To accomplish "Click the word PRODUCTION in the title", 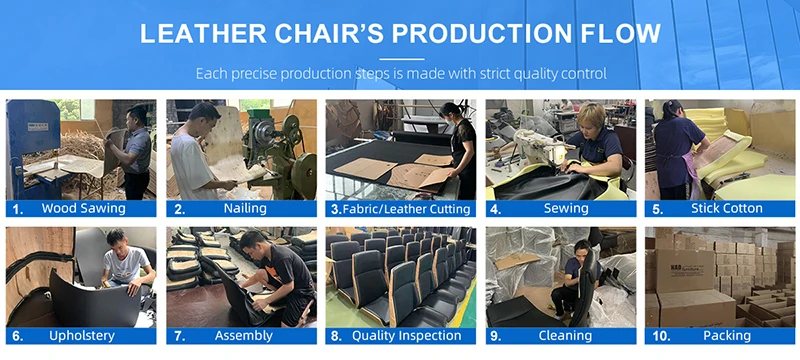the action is point(481,33).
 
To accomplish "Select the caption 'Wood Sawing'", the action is point(83,208).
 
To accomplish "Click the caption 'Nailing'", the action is point(245,208).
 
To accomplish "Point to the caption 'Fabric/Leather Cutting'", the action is point(407,209).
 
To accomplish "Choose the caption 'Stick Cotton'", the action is point(727,208).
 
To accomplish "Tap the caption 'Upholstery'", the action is point(82,336).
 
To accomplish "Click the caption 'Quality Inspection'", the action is point(407,336).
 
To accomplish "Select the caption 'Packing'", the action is point(727,336).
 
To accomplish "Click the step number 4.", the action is point(495,209).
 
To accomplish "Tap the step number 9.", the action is point(496,337).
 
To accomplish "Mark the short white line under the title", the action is point(402,59).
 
